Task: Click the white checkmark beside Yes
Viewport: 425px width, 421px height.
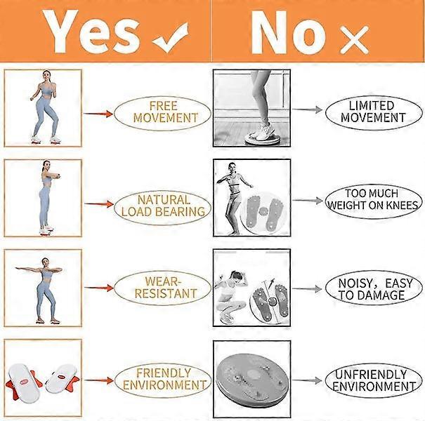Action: pyautogui.click(x=171, y=38)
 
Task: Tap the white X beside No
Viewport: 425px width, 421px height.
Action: pyautogui.click(x=354, y=40)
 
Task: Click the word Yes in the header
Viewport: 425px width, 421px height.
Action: pyautogui.click(x=91, y=32)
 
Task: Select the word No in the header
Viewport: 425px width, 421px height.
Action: pyautogui.click(x=288, y=33)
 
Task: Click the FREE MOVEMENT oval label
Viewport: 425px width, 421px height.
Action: pyautogui.click(x=163, y=113)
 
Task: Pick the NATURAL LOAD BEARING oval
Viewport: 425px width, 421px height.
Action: pyautogui.click(x=163, y=206)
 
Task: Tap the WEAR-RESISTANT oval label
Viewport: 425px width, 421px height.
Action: pyautogui.click(x=163, y=288)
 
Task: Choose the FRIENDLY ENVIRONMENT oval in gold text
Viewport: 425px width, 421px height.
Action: pyautogui.click(x=163, y=380)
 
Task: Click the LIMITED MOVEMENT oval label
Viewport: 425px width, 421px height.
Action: pyautogui.click(x=374, y=112)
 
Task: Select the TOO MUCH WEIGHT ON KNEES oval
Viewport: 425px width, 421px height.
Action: pyautogui.click(x=374, y=201)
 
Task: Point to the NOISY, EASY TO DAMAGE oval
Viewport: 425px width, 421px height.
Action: pyautogui.click(x=374, y=288)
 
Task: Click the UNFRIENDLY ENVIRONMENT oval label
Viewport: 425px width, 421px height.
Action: pyautogui.click(x=374, y=380)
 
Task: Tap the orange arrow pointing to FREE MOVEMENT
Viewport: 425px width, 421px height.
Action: pyautogui.click(x=98, y=114)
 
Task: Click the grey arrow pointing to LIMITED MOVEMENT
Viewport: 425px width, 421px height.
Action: pyautogui.click(x=308, y=109)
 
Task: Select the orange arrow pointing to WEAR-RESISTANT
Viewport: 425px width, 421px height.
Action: pyautogui.click(x=98, y=288)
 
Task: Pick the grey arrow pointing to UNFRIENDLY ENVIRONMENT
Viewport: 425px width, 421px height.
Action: pyautogui.click(x=307, y=380)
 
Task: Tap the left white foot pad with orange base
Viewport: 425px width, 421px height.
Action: pyautogui.click(x=23, y=382)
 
